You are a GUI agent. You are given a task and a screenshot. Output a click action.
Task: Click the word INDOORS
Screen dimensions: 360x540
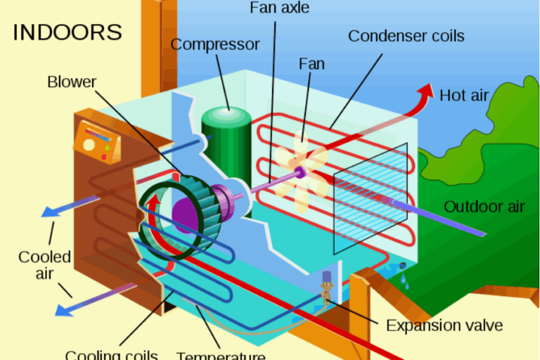[67, 32]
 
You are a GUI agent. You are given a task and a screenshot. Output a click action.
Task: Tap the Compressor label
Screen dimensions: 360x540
[215, 44]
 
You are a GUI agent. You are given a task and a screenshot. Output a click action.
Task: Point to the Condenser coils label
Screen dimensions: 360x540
[406, 35]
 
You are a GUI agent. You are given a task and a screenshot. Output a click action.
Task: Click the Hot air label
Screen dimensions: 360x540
[463, 95]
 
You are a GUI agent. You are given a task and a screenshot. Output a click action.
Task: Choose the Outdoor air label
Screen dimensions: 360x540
[484, 206]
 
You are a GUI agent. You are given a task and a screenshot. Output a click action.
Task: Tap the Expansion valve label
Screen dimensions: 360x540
[444, 326]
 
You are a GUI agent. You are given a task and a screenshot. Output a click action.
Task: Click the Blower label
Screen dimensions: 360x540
[71, 82]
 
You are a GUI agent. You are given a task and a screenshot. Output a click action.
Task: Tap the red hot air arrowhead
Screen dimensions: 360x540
[426, 90]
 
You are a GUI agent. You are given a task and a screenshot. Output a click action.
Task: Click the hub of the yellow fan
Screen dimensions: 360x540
[300, 172]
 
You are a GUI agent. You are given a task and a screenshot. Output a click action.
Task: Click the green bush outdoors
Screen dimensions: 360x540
[492, 141]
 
